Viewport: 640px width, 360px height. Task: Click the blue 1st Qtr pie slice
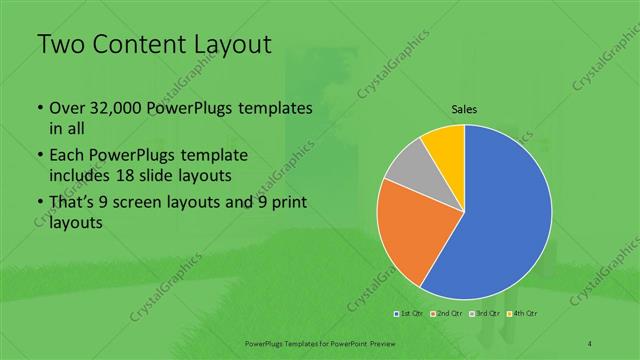click(x=510, y=215)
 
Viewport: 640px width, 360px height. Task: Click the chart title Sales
click(x=464, y=110)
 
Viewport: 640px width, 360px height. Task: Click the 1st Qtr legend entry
click(x=408, y=315)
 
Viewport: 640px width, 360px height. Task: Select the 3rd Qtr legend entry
click(x=487, y=315)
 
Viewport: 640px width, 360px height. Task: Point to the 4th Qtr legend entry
click(x=526, y=315)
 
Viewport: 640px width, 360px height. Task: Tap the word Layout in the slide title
click(x=232, y=45)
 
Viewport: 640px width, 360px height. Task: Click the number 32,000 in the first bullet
click(x=110, y=108)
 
